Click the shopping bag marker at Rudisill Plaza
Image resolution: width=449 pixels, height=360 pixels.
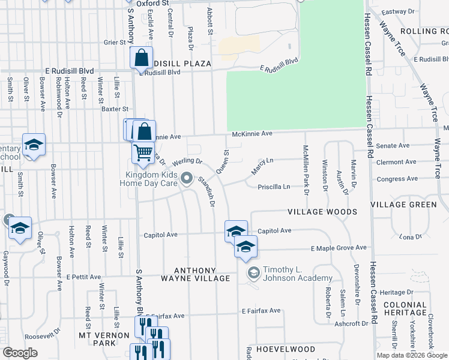click(141, 58)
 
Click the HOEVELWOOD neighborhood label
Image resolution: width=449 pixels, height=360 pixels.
click(285, 349)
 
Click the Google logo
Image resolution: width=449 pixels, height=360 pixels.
click(20, 353)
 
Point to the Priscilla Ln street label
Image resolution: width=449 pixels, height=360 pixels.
click(274, 187)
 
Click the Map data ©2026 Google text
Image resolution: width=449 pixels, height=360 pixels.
click(411, 355)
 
